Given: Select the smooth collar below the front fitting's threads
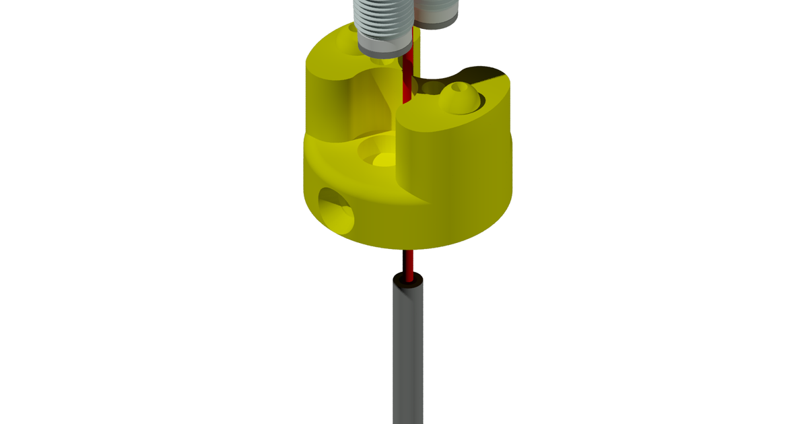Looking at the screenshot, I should [382, 46].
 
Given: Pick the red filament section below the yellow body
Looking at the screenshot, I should [408, 262].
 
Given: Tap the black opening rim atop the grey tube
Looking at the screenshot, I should [408, 277].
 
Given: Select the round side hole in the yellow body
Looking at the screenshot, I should [336, 210].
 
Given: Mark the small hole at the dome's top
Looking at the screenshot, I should [459, 88].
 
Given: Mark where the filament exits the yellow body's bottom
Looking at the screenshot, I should [408, 250].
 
